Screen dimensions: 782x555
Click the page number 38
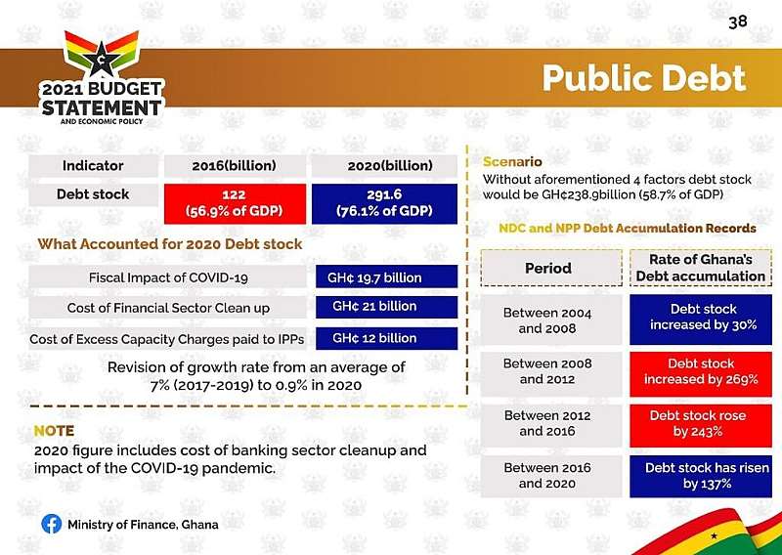(x=738, y=22)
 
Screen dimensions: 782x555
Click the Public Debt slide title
(x=644, y=78)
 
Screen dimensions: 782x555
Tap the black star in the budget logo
(x=102, y=59)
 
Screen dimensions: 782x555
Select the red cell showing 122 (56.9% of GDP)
(x=235, y=203)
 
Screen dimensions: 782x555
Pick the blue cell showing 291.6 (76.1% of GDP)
(x=384, y=203)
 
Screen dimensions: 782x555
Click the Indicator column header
(x=93, y=166)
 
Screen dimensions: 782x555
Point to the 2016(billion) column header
(x=235, y=166)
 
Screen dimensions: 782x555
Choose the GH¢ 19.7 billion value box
(x=386, y=277)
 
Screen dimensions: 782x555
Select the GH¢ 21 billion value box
(x=386, y=307)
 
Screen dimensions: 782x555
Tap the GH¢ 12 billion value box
(x=386, y=338)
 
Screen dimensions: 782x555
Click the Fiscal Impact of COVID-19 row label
(x=168, y=277)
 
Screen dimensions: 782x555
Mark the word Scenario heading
(x=512, y=161)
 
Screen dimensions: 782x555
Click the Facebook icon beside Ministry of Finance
(x=52, y=524)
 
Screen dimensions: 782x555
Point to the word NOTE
(x=54, y=430)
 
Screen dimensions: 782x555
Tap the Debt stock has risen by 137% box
(x=701, y=476)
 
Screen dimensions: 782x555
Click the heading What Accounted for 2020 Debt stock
(x=169, y=244)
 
